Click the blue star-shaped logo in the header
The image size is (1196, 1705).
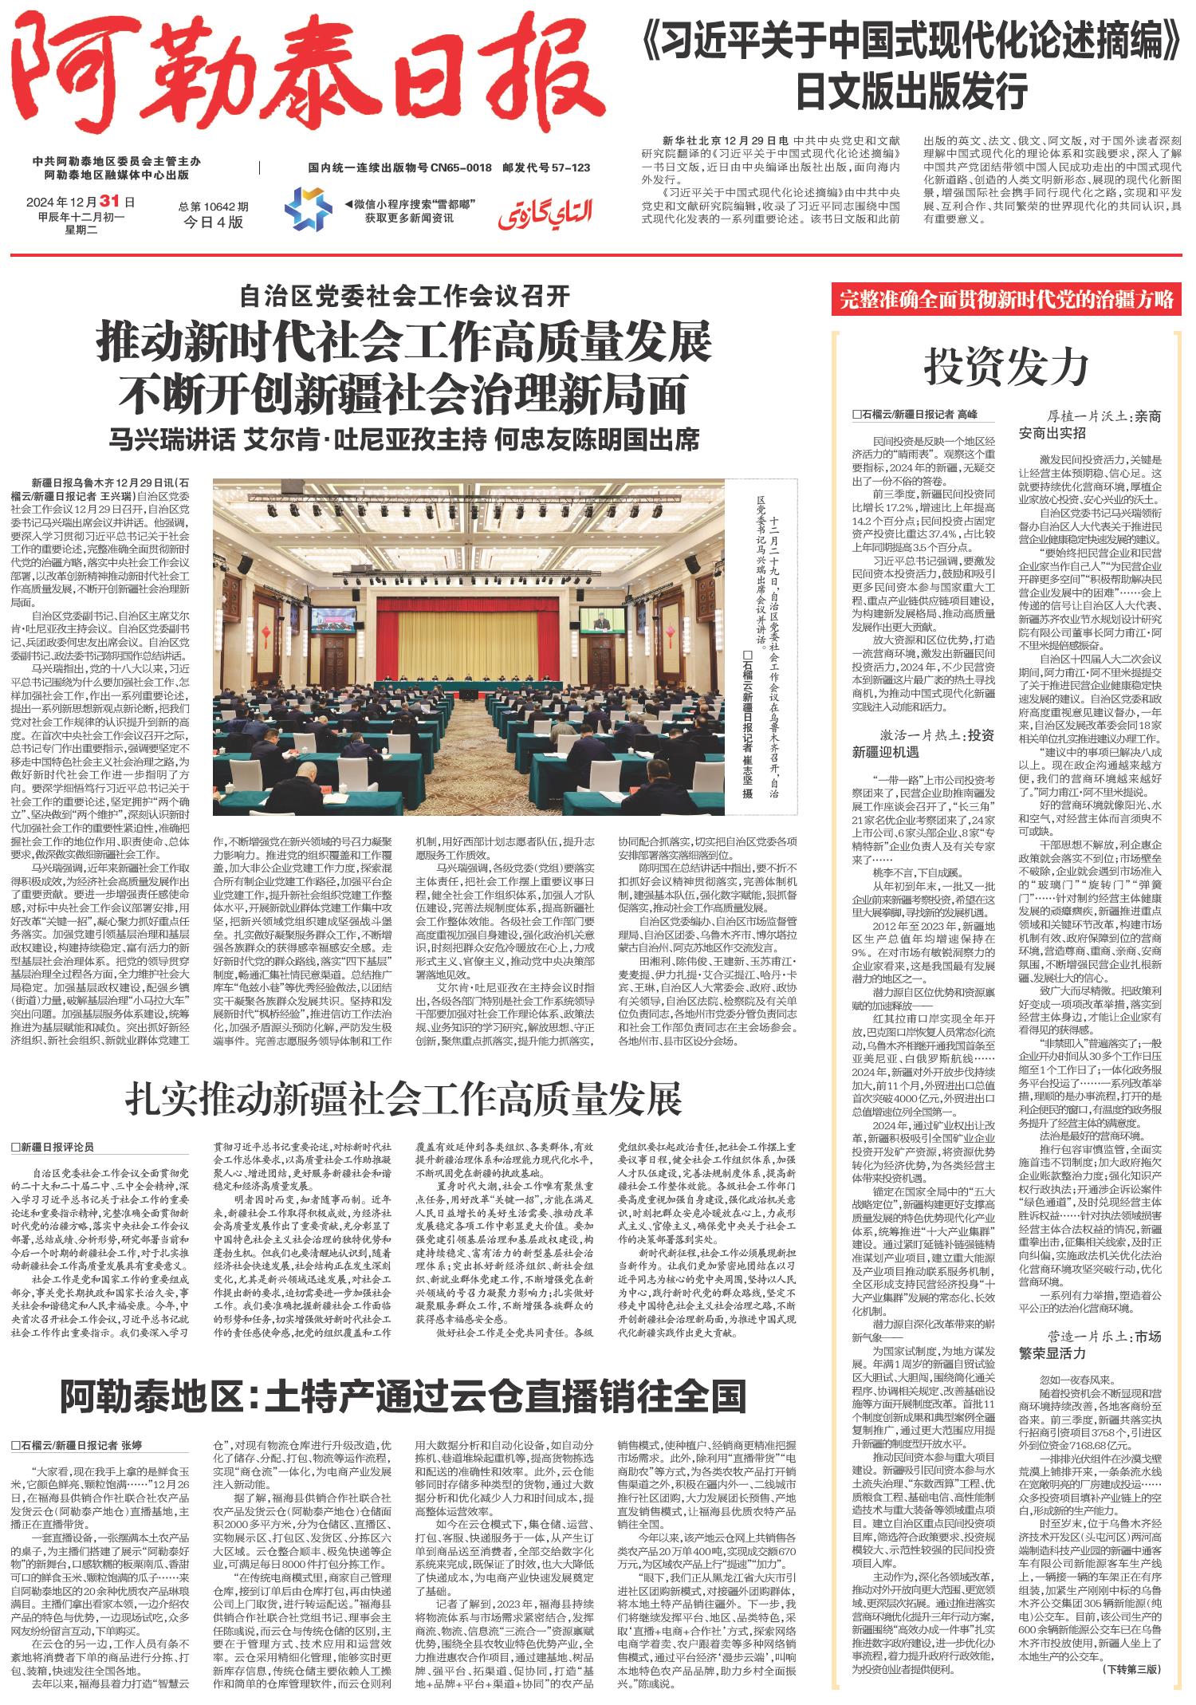point(309,208)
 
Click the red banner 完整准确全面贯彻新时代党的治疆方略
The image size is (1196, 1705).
point(1007,301)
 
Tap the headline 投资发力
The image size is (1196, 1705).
point(1006,368)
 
